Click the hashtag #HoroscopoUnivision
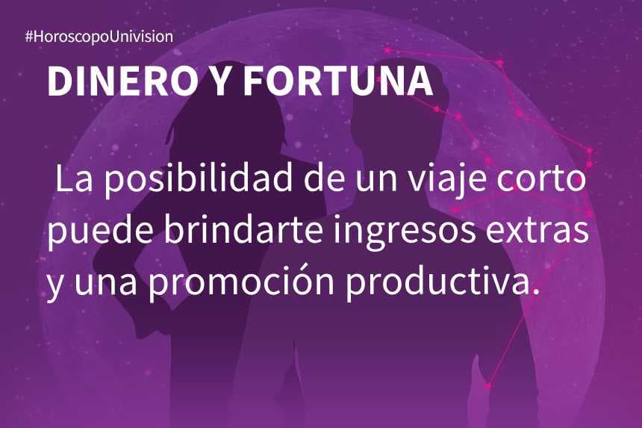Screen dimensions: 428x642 pos(99,36)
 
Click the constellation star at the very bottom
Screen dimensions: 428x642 pos(487,386)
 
